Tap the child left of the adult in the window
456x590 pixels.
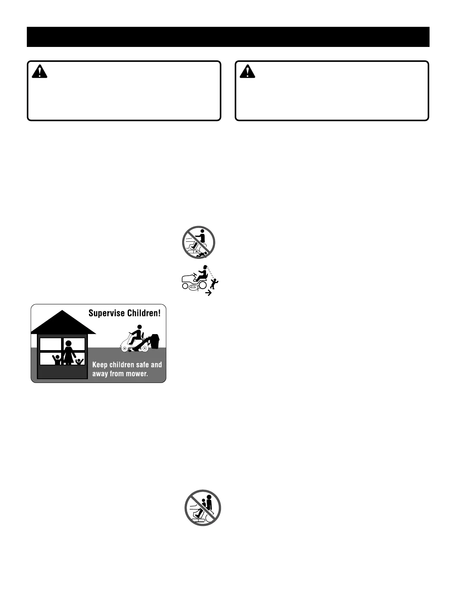point(57,359)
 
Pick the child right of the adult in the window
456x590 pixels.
point(79,361)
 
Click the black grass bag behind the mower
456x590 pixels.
point(154,341)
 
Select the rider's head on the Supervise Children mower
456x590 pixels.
point(139,327)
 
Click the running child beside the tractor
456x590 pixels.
point(213,283)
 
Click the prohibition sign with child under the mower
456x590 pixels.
point(199,242)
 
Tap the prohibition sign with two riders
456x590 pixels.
point(203,507)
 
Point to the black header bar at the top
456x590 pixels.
point(228,37)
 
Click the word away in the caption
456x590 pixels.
point(100,374)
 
